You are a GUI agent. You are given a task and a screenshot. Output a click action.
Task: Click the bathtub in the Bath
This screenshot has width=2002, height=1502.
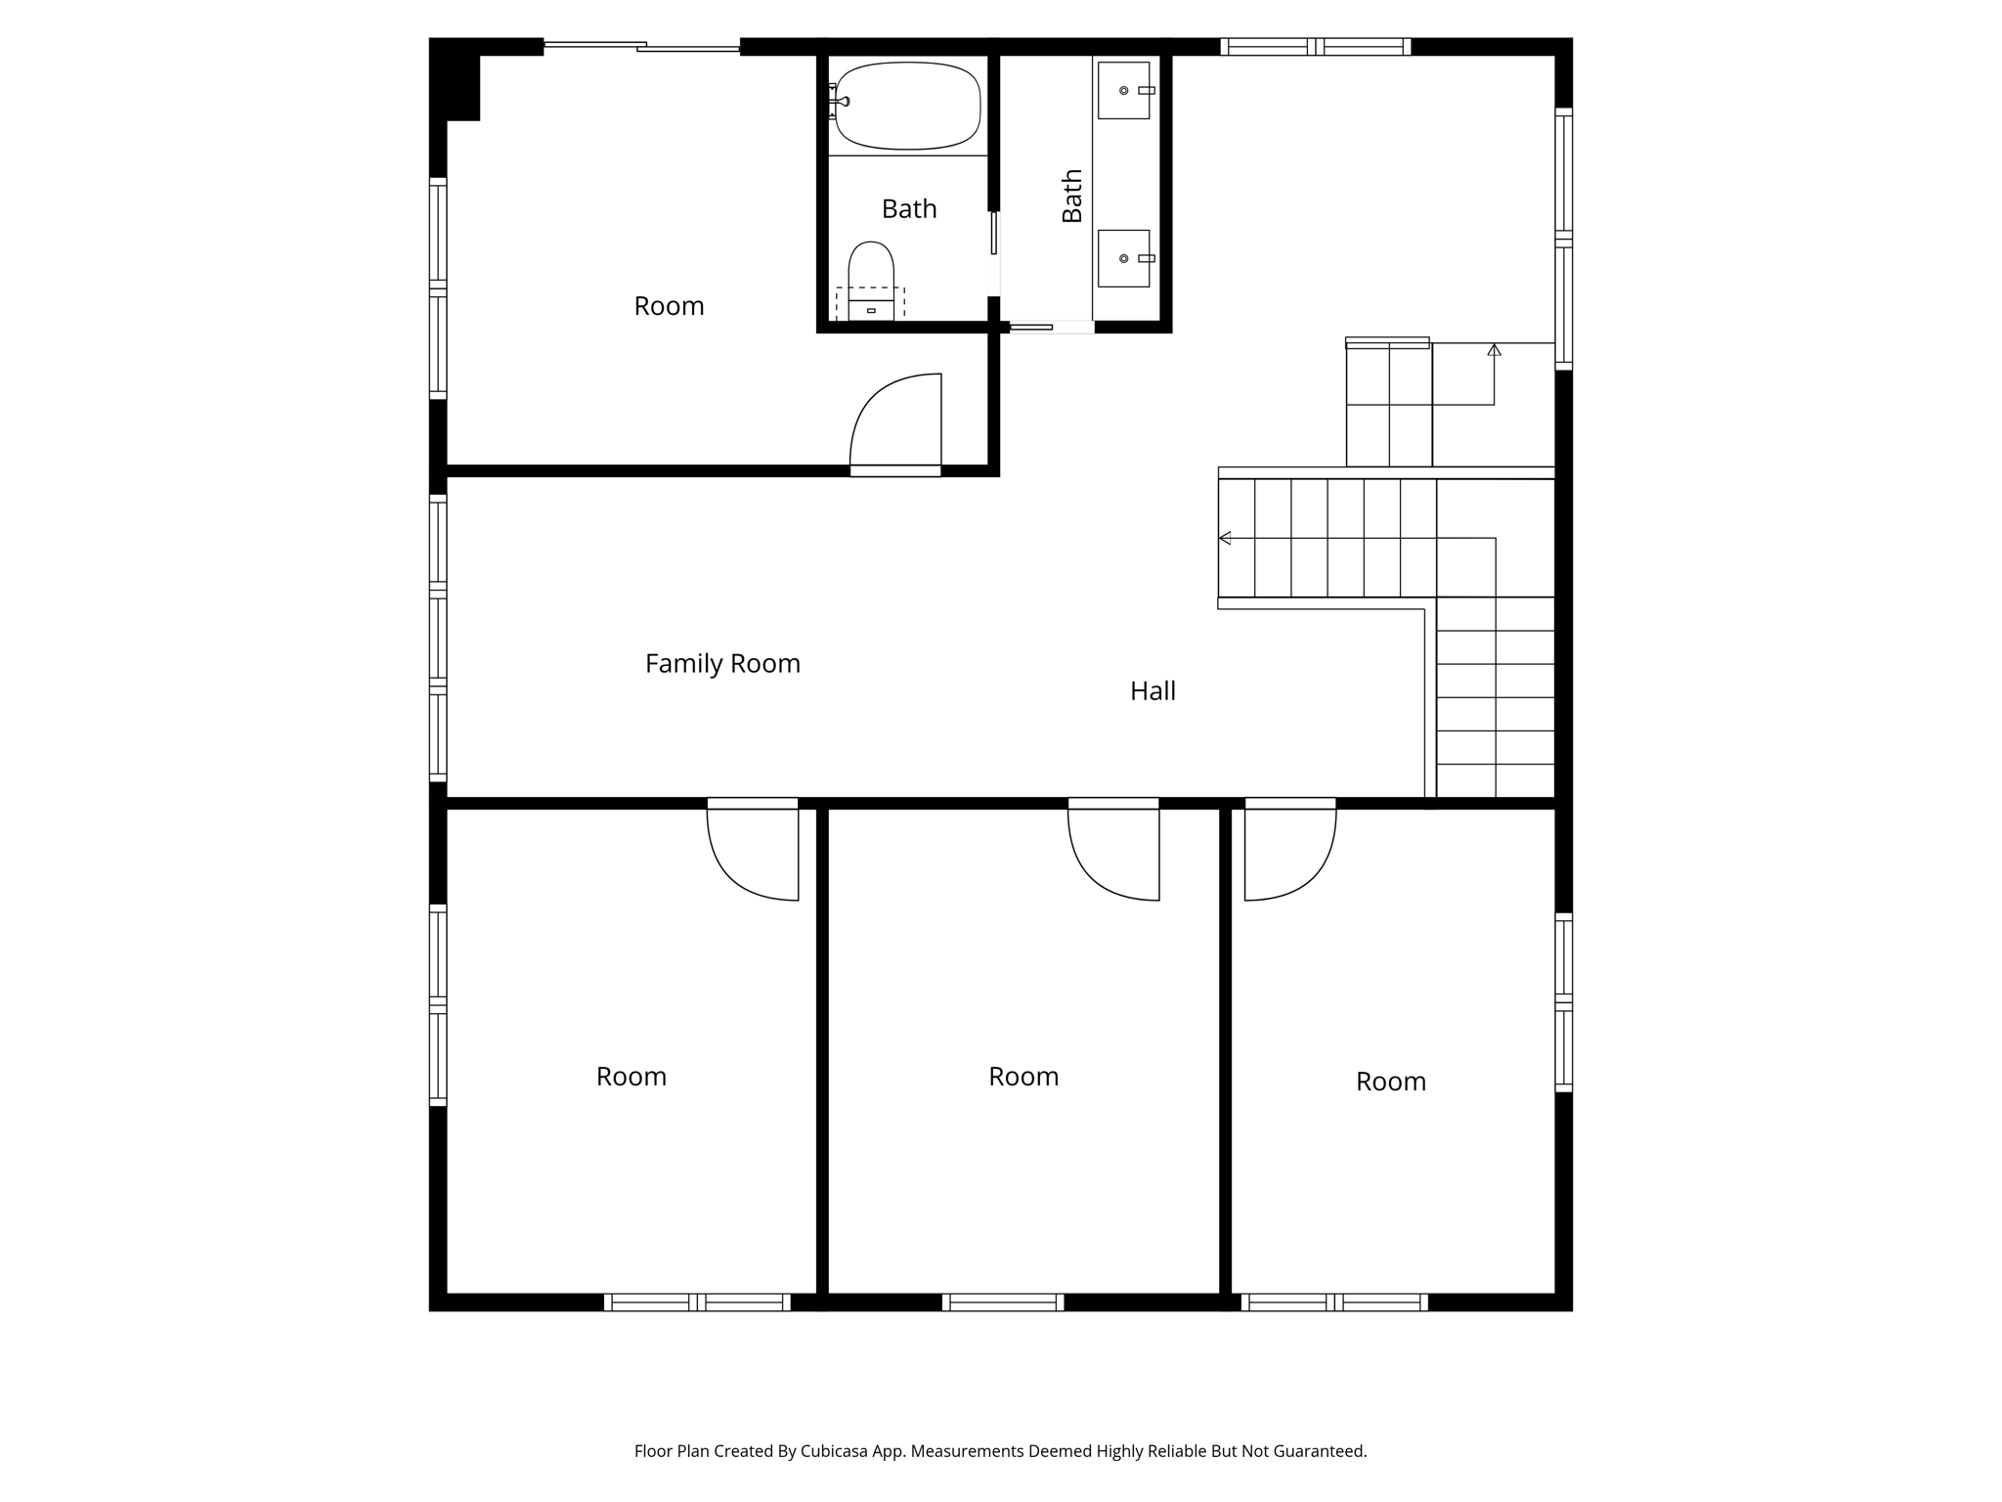click(x=907, y=106)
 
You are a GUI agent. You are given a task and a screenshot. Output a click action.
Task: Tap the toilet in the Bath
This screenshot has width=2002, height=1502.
click(x=870, y=279)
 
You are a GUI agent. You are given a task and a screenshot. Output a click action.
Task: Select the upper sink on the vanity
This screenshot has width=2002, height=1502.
click(x=1123, y=90)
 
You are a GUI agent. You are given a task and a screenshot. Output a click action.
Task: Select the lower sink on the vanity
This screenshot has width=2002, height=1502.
click(x=1123, y=258)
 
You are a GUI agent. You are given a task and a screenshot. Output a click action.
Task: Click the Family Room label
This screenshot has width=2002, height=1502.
click(x=722, y=664)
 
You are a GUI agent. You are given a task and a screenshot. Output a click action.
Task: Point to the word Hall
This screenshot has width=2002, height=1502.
click(x=1153, y=691)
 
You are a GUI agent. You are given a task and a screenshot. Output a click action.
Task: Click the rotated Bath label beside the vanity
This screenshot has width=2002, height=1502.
click(x=1072, y=196)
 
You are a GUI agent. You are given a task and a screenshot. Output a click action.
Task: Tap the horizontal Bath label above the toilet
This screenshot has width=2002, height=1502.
click(x=909, y=208)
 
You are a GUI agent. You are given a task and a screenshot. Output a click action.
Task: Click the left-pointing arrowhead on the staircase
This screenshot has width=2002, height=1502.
click(x=1225, y=538)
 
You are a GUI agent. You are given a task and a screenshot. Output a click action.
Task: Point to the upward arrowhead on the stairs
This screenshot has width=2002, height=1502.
click(x=1494, y=349)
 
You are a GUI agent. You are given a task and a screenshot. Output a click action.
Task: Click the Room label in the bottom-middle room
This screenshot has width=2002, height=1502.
click(x=1023, y=1077)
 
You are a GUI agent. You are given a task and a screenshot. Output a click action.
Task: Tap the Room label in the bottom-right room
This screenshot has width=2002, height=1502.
click(x=1390, y=1082)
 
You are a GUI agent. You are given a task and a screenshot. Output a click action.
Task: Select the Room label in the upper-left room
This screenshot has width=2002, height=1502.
click(x=669, y=306)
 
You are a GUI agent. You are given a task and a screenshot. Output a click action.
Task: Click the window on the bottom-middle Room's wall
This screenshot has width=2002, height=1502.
click(x=1003, y=1302)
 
